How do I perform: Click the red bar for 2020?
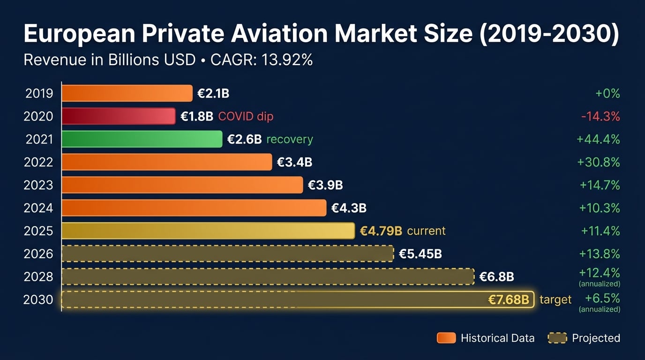pos(119,116)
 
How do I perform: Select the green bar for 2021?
pos(142,139)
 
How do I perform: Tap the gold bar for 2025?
pos(208,231)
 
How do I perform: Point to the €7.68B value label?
pos(509,300)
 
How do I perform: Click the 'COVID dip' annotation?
pos(246,116)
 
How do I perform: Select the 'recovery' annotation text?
pos(290,139)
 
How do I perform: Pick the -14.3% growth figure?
pos(600,116)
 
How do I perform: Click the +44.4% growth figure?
pos(599,139)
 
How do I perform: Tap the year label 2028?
pos(38,277)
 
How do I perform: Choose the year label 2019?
pos(39,93)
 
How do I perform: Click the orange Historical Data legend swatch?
pos(446,338)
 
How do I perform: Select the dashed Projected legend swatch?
pos(557,338)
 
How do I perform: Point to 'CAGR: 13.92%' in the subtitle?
pos(262,60)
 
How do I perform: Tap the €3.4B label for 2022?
pos(294,162)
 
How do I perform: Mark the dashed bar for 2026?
pos(227,254)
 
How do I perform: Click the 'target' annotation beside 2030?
pos(555,300)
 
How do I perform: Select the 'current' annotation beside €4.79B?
pos(426,231)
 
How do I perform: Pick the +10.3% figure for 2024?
pos(600,208)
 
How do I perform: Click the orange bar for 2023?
pos(182,185)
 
